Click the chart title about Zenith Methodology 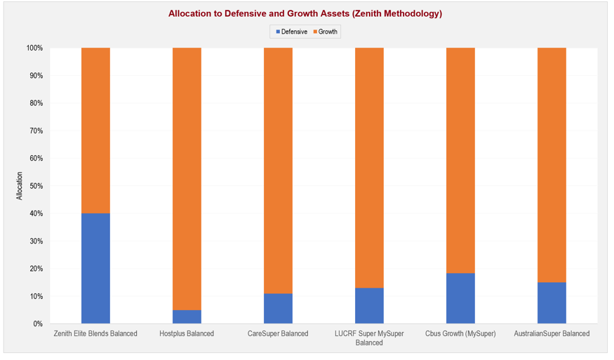point(305,13)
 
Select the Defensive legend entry point(291,32)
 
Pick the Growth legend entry point(325,32)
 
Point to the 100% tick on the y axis point(34,48)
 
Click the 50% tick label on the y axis point(36,186)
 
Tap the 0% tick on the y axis point(38,324)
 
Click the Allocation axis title point(20,186)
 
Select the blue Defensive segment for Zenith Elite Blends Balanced point(95,269)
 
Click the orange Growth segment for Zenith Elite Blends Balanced point(95,131)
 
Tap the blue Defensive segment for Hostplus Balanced point(187,317)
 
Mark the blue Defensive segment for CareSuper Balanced point(278,309)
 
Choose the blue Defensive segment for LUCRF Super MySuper point(369,306)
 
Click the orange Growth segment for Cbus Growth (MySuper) point(460,161)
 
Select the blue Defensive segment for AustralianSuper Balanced point(552,303)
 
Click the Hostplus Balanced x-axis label point(187,334)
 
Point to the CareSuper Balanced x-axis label point(278,334)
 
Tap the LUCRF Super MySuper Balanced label point(369,338)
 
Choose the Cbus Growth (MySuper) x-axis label point(460,334)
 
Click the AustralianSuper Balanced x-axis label point(552,334)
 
